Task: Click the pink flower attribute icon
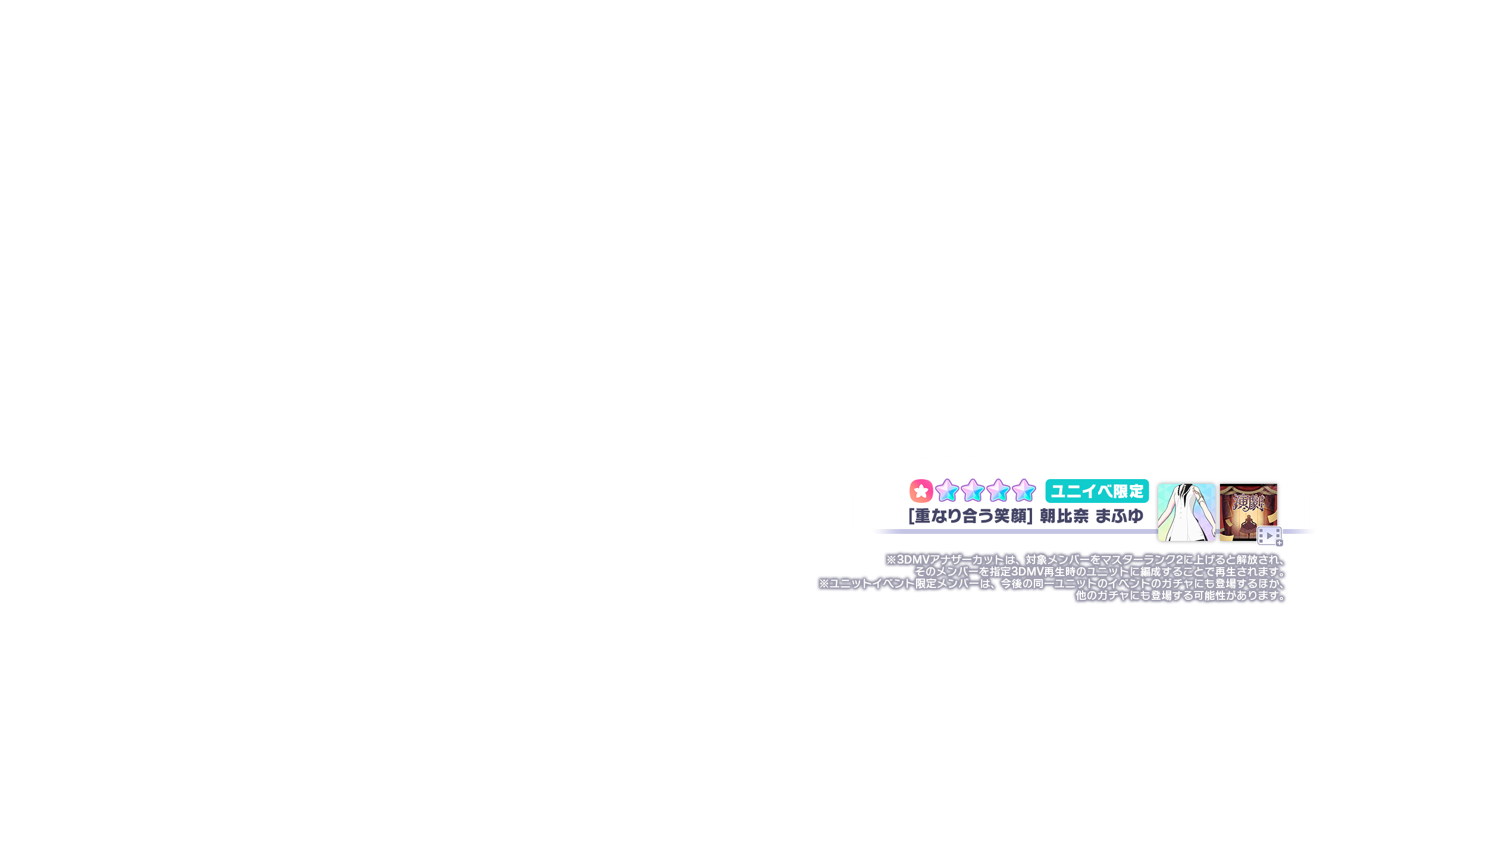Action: pos(921,491)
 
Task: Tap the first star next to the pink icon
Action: pos(946,491)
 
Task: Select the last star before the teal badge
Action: pos(1024,491)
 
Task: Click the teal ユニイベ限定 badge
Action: pos(1097,491)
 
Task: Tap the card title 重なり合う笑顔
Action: pos(970,516)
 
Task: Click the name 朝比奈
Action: pos(1064,516)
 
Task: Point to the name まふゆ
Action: pos(1119,516)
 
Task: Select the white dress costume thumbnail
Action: pos(1186,512)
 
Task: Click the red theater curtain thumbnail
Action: pos(1248,512)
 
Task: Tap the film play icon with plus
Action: pos(1269,536)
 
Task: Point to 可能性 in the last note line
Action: pos(1209,596)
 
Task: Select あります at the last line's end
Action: pos(1260,596)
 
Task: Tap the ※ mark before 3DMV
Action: pos(891,560)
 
